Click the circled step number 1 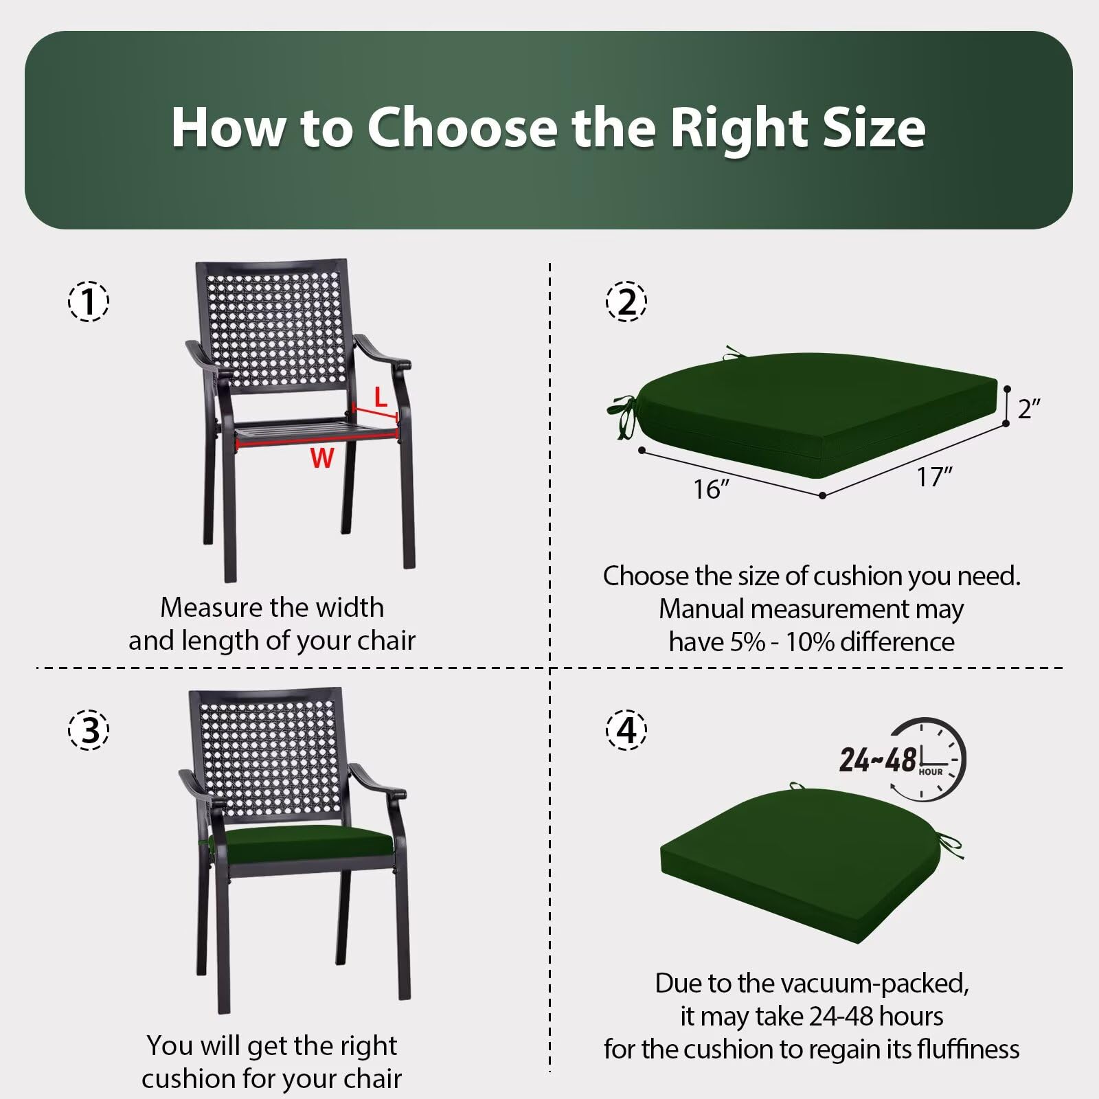coord(89,302)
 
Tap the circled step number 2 coord(626,302)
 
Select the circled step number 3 coord(89,729)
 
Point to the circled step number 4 coord(626,729)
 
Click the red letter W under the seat coord(322,458)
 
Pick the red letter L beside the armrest coord(381,397)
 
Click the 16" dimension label coord(711,489)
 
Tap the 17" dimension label coord(935,477)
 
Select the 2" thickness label coord(1029,409)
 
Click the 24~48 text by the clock coord(878,760)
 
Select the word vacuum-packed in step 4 coord(875,984)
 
